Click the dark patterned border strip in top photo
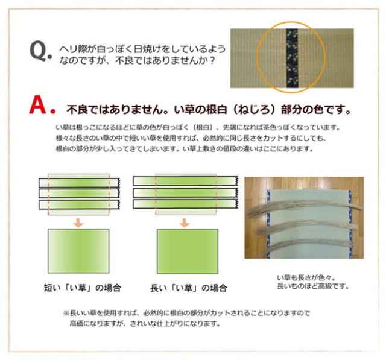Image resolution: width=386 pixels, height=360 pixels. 293,58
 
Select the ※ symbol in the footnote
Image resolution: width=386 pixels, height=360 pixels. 66,314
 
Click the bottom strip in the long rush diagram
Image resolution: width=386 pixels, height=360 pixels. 184,204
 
